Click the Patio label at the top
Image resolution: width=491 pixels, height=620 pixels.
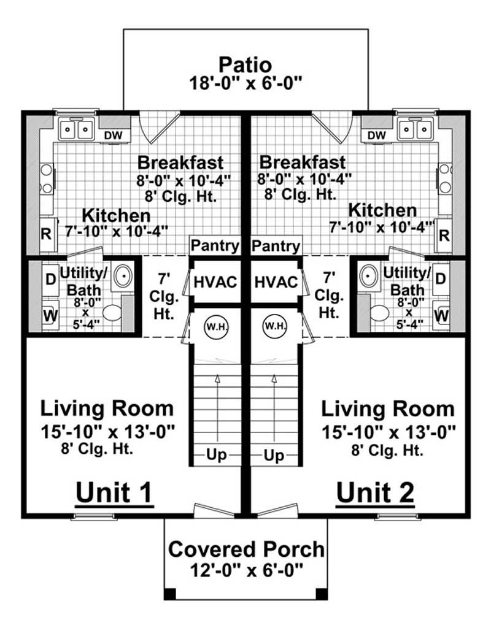246,64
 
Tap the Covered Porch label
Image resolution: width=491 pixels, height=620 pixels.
246,549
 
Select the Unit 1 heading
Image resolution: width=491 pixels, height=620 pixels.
114,492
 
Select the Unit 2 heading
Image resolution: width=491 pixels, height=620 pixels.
374,492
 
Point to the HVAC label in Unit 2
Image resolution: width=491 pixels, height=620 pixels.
276,283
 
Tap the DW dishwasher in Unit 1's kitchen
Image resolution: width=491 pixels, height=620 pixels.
112,135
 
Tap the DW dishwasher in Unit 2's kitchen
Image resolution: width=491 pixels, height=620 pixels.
377,135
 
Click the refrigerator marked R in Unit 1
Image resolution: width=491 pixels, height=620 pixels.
46,234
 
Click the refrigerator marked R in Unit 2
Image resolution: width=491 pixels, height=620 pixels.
445,234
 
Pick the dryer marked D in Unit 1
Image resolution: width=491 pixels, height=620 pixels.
50,277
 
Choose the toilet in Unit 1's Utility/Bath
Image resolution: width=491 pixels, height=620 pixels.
112,313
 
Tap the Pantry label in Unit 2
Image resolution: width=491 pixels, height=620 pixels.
276,246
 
